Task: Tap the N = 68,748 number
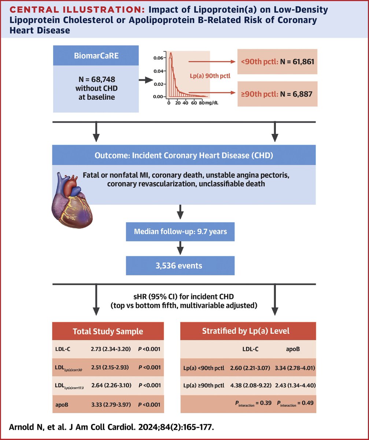96,80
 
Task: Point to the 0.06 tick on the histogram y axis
158,58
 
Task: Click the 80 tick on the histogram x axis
202,103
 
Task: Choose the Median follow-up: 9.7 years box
180,232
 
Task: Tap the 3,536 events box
180,265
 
